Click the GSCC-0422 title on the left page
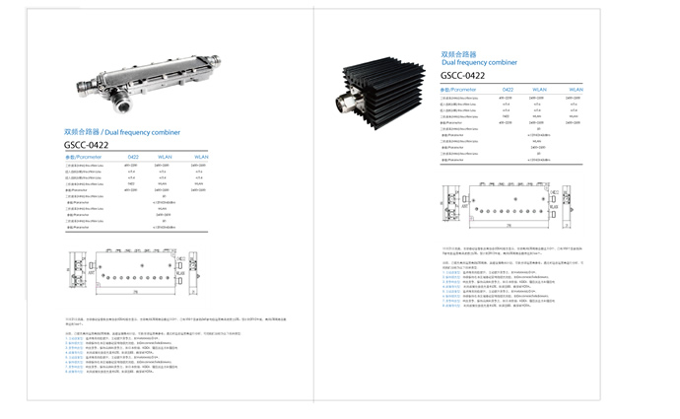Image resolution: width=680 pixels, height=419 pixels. pos(86,145)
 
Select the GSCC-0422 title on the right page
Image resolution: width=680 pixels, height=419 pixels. pos(462,75)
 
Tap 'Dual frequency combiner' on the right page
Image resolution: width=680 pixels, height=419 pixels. pos(477,62)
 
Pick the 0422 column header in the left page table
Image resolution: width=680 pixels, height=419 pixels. pos(132,157)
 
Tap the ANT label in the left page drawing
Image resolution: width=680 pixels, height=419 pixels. pos(72,264)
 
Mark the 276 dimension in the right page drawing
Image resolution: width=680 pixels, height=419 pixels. pos(509,226)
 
